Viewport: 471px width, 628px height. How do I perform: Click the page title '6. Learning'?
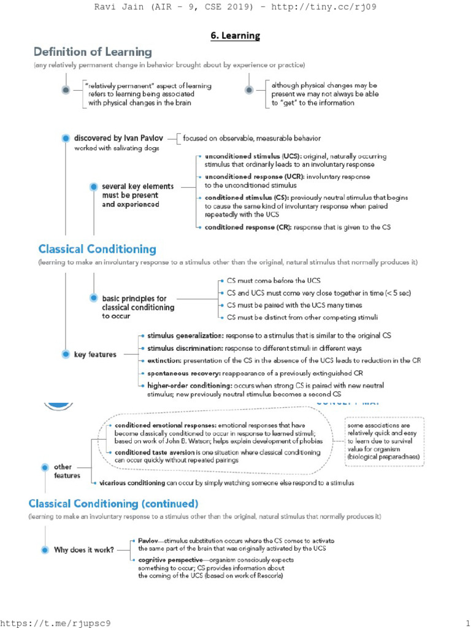pyautogui.click(x=235, y=36)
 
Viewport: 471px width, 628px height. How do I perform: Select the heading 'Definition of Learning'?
pyautogui.click(x=93, y=52)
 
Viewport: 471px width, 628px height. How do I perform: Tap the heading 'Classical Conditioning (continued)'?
pyautogui.click(x=113, y=504)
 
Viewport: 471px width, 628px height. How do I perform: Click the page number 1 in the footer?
pyautogui.click(x=467, y=622)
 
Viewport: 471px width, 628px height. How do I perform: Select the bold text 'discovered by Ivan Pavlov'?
pyautogui.click(x=119, y=138)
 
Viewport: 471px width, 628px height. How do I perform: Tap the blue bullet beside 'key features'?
pyautogui.click(x=66, y=354)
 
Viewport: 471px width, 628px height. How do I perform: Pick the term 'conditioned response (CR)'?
pyautogui.click(x=248, y=227)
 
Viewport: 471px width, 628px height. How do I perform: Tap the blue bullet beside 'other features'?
pyautogui.click(x=44, y=467)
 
